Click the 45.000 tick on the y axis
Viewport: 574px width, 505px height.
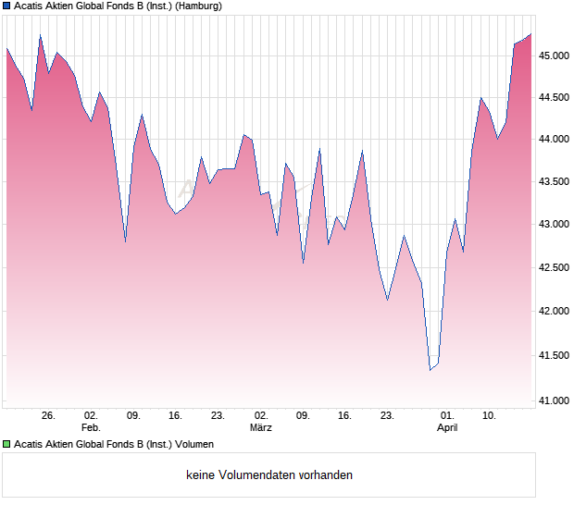pyautogui.click(x=555, y=55)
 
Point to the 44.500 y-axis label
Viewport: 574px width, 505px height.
pyautogui.click(x=555, y=97)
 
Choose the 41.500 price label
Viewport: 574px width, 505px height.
pyautogui.click(x=555, y=355)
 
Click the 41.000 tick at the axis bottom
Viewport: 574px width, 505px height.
pyautogui.click(x=555, y=400)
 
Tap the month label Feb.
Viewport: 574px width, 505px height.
pyautogui.click(x=91, y=428)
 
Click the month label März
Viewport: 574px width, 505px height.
pyautogui.click(x=261, y=428)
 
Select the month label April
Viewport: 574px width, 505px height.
pyautogui.click(x=447, y=428)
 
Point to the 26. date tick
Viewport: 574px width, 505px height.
pyautogui.click(x=48, y=416)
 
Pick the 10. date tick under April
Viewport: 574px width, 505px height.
pyautogui.click(x=490, y=416)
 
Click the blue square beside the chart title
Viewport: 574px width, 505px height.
pyautogui.click(x=6, y=6)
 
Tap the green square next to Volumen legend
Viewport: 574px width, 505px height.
pyautogui.click(x=6, y=444)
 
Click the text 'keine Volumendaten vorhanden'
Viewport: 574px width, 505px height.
pyautogui.click(x=269, y=475)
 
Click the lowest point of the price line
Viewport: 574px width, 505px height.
pyautogui.click(x=430, y=370)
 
